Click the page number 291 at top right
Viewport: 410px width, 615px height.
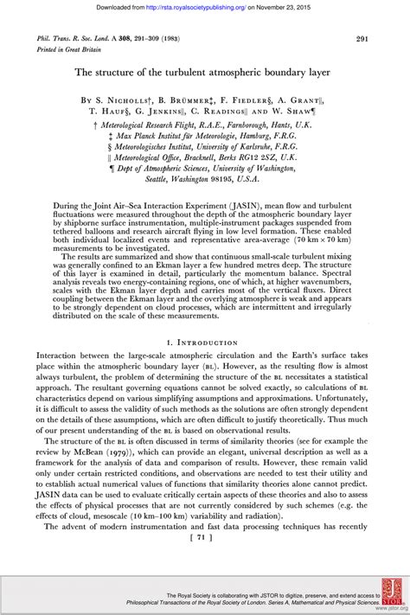pyautogui.click(x=364, y=39)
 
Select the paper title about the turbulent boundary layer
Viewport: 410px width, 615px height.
pyautogui.click(x=205, y=74)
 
